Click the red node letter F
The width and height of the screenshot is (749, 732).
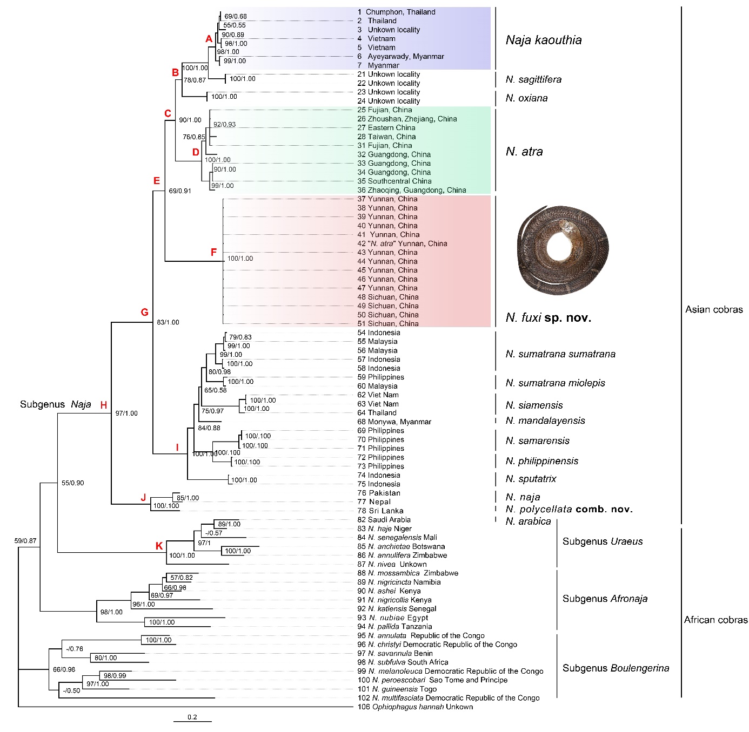(213, 253)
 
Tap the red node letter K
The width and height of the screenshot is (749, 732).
(159, 546)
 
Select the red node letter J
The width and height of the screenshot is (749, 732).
(143, 497)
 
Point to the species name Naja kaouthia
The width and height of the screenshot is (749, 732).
(544, 40)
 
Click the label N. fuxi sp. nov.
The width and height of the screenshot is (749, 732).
(548, 317)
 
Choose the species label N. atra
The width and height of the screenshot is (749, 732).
(524, 152)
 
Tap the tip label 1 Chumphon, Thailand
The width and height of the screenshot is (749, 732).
(396, 12)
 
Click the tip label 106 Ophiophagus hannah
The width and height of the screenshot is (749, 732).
(415, 707)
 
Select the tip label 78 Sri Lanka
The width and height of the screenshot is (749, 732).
(380, 511)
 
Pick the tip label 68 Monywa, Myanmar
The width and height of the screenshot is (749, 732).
(394, 422)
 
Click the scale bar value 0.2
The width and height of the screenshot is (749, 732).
(192, 717)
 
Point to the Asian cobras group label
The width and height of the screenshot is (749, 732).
(714, 309)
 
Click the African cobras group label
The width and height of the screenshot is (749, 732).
(715, 620)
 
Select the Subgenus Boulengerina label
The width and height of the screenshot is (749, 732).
(616, 668)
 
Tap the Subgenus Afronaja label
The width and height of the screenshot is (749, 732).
(605, 598)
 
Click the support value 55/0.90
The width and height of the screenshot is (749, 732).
(73, 483)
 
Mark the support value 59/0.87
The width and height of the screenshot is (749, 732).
(25, 540)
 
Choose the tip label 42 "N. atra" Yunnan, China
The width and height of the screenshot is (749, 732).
(402, 243)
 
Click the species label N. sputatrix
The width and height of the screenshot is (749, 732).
(531, 479)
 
